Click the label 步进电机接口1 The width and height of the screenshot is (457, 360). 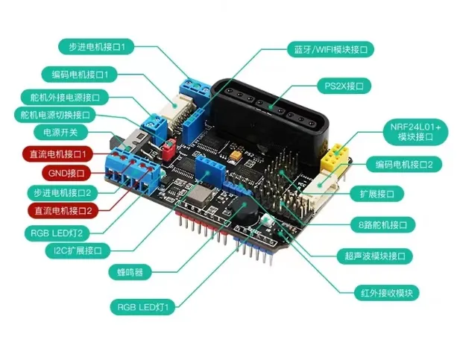click(95, 47)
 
